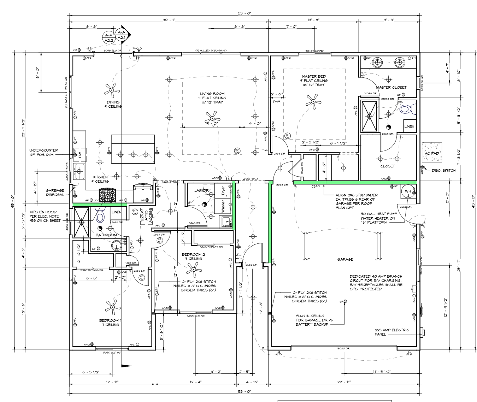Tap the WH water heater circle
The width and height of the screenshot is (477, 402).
(408, 191)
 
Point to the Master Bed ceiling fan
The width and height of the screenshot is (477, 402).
(313, 102)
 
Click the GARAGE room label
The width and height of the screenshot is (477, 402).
(345, 259)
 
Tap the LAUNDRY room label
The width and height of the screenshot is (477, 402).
(202, 190)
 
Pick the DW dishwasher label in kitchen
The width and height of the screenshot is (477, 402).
(80, 154)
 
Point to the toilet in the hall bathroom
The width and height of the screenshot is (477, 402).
(101, 215)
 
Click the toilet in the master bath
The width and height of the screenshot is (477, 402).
(407, 108)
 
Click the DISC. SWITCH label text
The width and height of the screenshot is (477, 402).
(444, 170)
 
